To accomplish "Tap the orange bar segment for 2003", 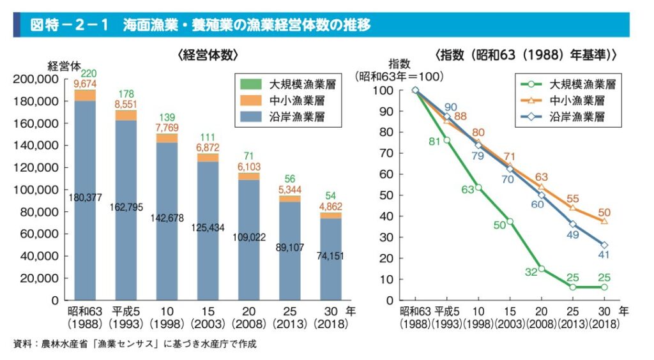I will pyautogui.click(x=208, y=158).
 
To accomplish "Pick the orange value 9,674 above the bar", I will pyautogui.click(x=85, y=84).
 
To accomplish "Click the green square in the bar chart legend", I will pyautogui.click(x=250, y=84).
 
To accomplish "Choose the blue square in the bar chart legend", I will pyautogui.click(x=250, y=117).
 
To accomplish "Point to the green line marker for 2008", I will pyautogui.click(x=541, y=269).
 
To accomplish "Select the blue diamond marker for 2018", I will pyautogui.click(x=604, y=245).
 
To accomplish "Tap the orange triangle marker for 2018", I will pyautogui.click(x=604, y=221).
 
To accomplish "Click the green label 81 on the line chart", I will pyautogui.click(x=435, y=142).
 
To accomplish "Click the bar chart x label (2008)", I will pyautogui.click(x=248, y=324).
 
